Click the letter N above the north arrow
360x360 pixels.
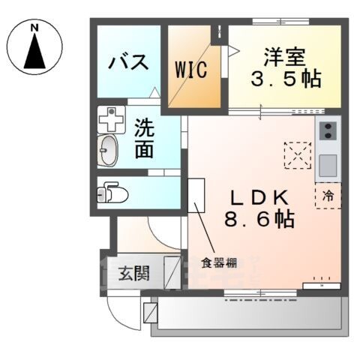point(34,28)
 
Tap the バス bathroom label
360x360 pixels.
point(127,62)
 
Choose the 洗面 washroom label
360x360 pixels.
point(145,138)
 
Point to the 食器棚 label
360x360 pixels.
point(218,263)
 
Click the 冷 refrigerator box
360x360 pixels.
point(328,195)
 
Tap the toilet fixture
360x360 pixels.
point(112,194)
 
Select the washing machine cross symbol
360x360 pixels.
point(111,118)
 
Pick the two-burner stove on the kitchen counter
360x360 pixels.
point(328,133)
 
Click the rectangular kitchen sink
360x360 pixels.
point(328,163)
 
